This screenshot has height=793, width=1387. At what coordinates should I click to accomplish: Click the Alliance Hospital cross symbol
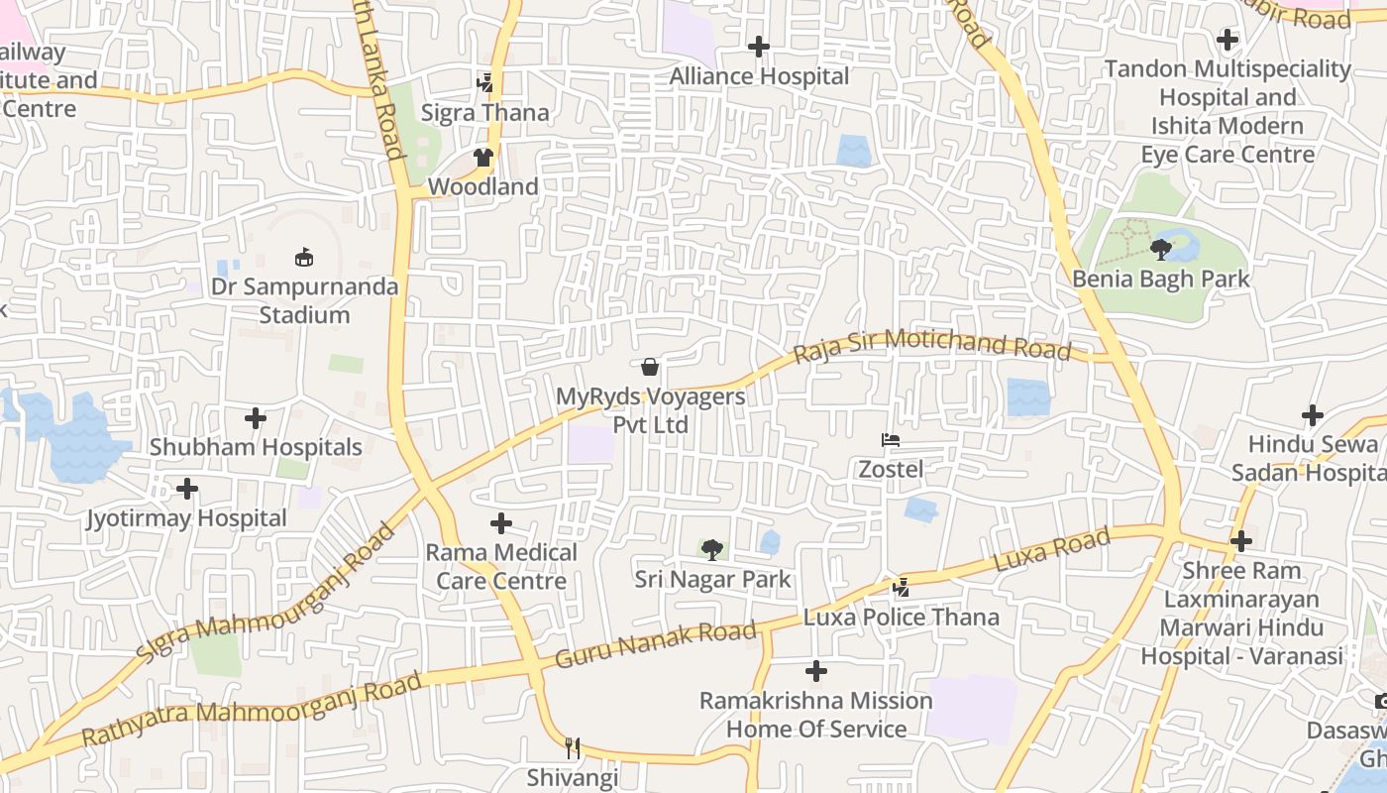point(759,47)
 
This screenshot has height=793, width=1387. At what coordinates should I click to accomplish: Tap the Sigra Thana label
point(484,113)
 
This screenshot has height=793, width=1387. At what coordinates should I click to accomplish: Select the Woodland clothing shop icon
point(483,157)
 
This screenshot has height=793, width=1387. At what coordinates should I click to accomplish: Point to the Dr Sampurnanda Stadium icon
point(304,258)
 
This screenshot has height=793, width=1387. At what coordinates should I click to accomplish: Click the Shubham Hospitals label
point(256,447)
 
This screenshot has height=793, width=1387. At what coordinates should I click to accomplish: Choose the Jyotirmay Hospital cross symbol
point(187,489)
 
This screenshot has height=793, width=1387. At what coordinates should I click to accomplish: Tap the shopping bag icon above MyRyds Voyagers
point(650,367)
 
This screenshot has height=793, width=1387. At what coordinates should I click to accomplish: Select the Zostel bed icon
point(891,440)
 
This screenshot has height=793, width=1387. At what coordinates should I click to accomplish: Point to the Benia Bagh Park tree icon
point(1161,250)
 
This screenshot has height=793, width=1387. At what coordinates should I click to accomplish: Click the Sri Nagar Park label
point(712,579)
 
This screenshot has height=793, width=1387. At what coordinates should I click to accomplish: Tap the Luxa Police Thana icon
point(901,588)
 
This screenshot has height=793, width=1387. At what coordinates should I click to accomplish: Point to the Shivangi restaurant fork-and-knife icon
point(573,748)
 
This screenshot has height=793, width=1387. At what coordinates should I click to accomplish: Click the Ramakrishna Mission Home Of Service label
point(816,715)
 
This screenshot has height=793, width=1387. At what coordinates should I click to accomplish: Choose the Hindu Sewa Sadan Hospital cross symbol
point(1313,415)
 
